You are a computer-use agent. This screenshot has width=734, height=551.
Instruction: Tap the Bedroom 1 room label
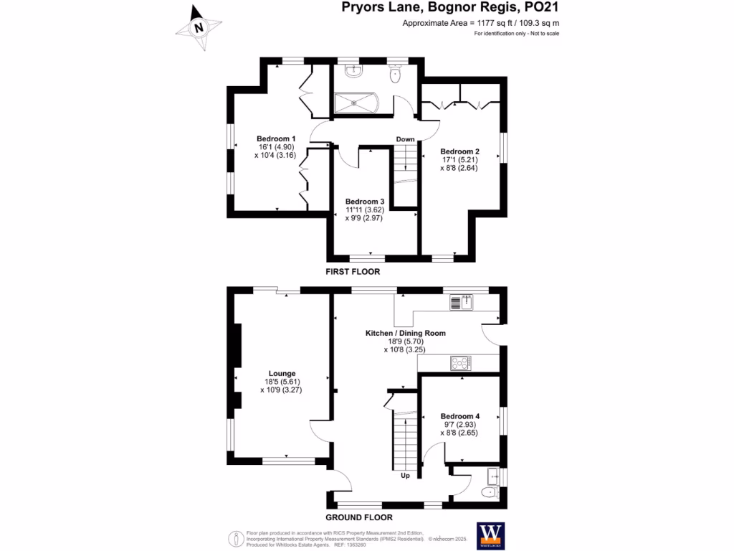(x=277, y=138)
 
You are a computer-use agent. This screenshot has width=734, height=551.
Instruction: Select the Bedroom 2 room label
(x=459, y=151)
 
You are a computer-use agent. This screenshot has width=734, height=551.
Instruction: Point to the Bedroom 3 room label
(x=365, y=202)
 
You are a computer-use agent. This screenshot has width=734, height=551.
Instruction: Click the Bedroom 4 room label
(x=459, y=416)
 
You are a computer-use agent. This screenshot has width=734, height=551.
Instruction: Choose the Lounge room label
(x=282, y=373)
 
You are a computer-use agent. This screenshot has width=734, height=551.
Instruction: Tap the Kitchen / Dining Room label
(x=406, y=333)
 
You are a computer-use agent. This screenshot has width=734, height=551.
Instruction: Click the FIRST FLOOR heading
(x=353, y=272)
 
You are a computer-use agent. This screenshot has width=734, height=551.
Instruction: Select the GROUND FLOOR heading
(x=359, y=517)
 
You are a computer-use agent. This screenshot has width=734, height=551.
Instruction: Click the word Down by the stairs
(x=406, y=139)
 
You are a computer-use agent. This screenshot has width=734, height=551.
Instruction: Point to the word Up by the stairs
(x=405, y=475)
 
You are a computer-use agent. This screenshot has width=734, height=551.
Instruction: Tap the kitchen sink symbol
(x=462, y=303)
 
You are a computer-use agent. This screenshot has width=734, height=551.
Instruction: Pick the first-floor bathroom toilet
(x=395, y=75)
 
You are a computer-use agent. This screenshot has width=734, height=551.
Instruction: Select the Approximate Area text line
(x=481, y=24)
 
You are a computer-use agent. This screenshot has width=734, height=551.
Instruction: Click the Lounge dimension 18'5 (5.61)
(x=282, y=382)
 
